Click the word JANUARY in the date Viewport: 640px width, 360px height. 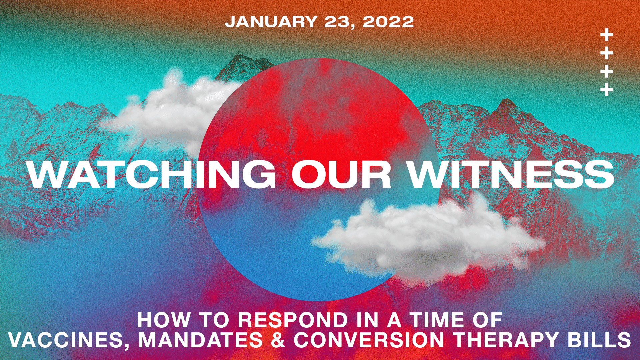(271, 22)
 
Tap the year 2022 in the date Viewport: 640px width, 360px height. (388, 22)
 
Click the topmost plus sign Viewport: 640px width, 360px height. (607, 35)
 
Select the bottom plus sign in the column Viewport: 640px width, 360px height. (607, 90)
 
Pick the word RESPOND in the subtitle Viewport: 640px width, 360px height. (293, 320)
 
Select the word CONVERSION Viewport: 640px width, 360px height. (369, 340)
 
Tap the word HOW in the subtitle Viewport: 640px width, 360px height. (164, 320)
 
